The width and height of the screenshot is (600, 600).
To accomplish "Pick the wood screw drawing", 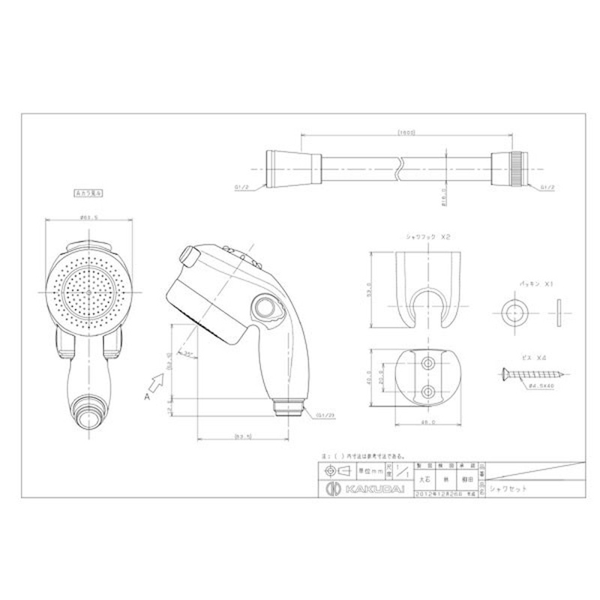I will pyautogui.click(x=529, y=373).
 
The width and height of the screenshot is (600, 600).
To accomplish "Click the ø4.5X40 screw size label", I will pyautogui.click(x=541, y=385).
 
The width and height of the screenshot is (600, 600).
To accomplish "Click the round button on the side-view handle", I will pyautogui.click(x=264, y=308).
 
